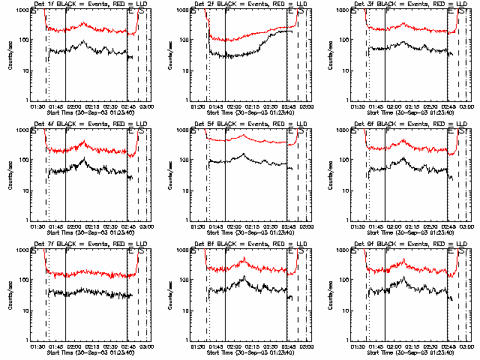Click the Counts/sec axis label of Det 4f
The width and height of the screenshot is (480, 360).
pos(10,174)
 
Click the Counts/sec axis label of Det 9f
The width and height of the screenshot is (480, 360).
pos(331,294)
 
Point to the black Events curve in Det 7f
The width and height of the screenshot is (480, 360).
pos(90,293)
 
